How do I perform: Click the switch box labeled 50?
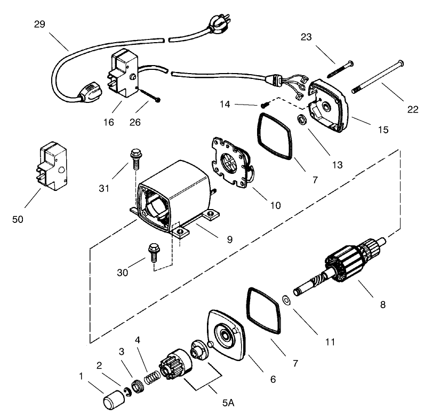pos(53,165)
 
